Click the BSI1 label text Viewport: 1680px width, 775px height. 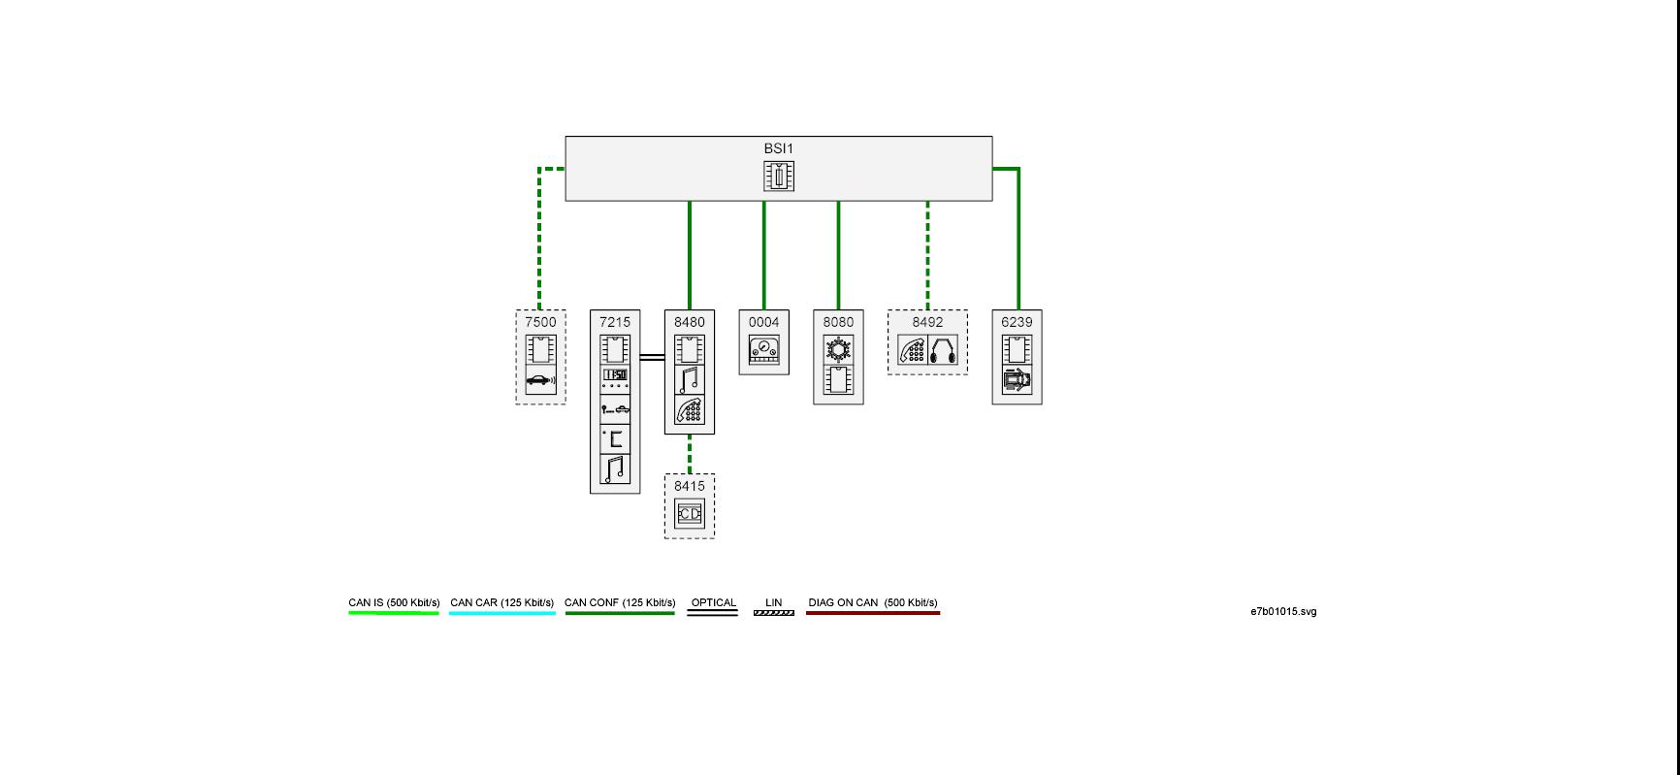[x=778, y=148]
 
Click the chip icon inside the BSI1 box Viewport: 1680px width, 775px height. [x=778, y=176]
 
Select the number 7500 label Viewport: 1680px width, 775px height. [x=540, y=322]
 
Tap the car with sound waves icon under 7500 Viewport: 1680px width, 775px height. [x=540, y=381]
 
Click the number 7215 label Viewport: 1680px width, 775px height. [x=615, y=322]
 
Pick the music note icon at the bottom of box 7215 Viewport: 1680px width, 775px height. [x=615, y=469]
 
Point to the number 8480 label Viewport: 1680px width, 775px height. [x=690, y=322]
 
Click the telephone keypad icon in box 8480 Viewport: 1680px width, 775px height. [x=690, y=410]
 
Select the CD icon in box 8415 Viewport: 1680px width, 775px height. [x=690, y=513]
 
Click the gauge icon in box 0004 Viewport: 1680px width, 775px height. [x=764, y=350]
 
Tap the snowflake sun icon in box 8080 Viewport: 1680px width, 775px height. [x=838, y=349]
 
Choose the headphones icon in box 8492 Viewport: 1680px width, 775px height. [x=944, y=350]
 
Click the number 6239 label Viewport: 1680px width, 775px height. [x=1017, y=322]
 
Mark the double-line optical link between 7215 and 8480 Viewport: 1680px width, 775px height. [x=652, y=358]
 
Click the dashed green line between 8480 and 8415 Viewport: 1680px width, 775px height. [x=690, y=454]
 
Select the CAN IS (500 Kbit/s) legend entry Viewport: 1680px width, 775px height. [x=394, y=603]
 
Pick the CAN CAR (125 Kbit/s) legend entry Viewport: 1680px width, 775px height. [x=501, y=603]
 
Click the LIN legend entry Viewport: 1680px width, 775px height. [x=773, y=603]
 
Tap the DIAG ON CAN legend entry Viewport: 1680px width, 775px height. [x=873, y=603]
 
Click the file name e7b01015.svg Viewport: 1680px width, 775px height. [x=1282, y=612]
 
